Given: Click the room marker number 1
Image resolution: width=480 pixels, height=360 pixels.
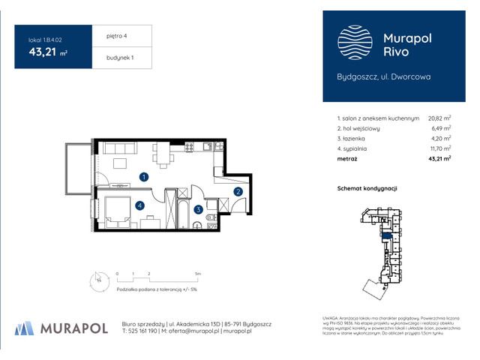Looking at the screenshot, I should click(x=143, y=177).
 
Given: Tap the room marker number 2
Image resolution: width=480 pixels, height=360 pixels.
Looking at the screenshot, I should click(x=238, y=192).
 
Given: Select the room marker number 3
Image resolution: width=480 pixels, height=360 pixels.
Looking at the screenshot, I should click(x=197, y=210).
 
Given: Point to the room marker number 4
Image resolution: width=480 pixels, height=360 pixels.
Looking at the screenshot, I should click(x=139, y=205).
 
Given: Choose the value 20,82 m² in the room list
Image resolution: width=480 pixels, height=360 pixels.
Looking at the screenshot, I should click(x=439, y=118).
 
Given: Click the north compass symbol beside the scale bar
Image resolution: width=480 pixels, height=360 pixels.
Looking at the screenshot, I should click(x=96, y=281).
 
